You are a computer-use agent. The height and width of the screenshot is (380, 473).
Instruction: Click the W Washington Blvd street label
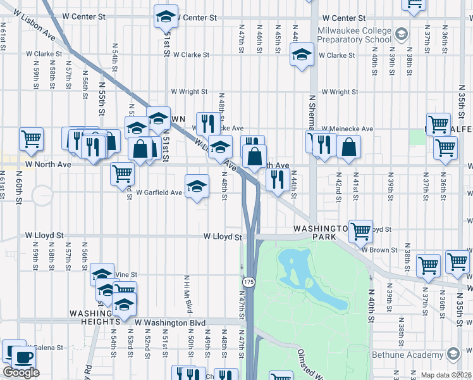[171, 323]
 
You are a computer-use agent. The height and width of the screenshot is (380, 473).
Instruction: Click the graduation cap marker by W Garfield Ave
[197, 186]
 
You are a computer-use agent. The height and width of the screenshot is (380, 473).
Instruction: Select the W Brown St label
[380, 250]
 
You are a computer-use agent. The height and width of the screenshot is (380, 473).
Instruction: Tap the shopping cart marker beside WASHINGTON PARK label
[360, 231]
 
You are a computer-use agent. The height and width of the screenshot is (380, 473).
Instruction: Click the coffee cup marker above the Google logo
[24, 357]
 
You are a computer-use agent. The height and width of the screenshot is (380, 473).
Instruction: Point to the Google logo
[21, 372]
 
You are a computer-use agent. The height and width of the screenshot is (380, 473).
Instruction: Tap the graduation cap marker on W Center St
[166, 16]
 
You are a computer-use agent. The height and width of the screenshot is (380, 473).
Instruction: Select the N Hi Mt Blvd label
[188, 294]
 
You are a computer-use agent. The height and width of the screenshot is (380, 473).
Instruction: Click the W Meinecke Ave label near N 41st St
[346, 129]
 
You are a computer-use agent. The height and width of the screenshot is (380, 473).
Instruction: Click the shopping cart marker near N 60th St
[31, 139]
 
